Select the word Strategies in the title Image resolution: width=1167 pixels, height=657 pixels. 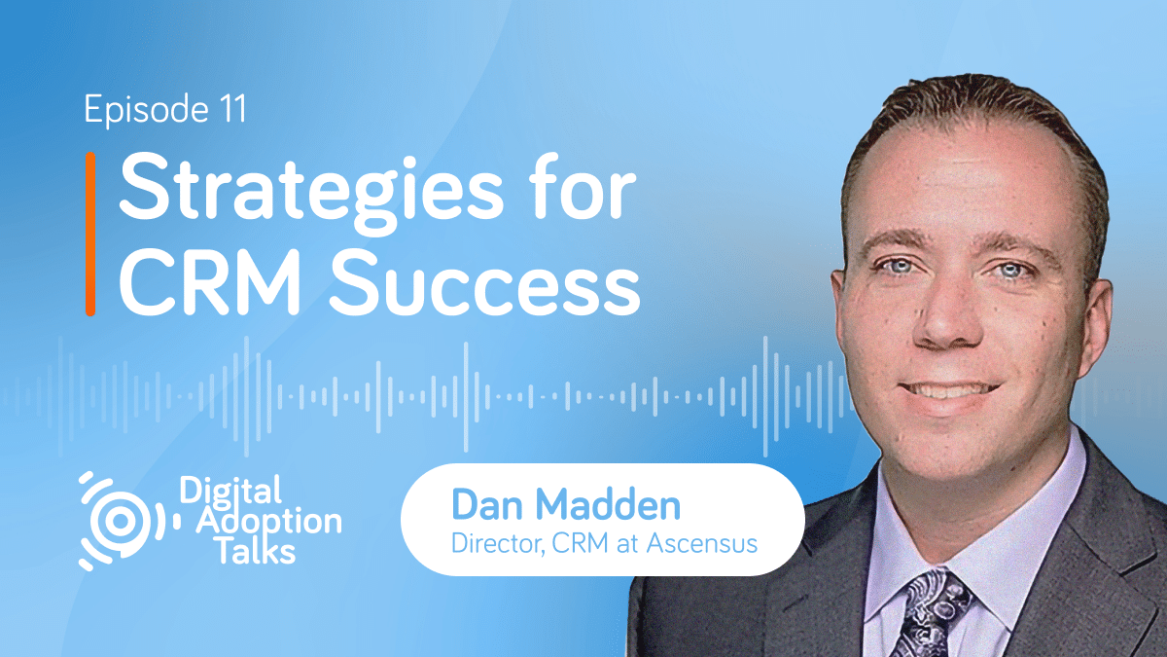pyautogui.click(x=311, y=194)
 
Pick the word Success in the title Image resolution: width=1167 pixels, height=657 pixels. pyautogui.click(x=485, y=282)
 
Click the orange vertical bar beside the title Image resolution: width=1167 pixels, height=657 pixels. pyautogui.click(x=90, y=235)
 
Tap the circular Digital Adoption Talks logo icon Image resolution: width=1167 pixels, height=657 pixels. pyautogui.click(x=123, y=521)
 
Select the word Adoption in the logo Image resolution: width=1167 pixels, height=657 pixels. pyautogui.click(x=268, y=522)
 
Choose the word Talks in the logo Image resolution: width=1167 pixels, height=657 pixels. pyautogui.click(x=256, y=551)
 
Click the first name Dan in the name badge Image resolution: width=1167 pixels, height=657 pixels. pyautogui.click(x=487, y=505)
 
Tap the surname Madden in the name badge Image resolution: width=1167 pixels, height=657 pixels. pyautogui.click(x=608, y=505)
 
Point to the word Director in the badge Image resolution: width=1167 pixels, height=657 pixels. pyautogui.click(x=498, y=543)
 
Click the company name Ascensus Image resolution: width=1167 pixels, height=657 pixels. pyautogui.click(x=702, y=543)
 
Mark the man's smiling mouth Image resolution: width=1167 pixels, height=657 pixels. pyautogui.click(x=949, y=392)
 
